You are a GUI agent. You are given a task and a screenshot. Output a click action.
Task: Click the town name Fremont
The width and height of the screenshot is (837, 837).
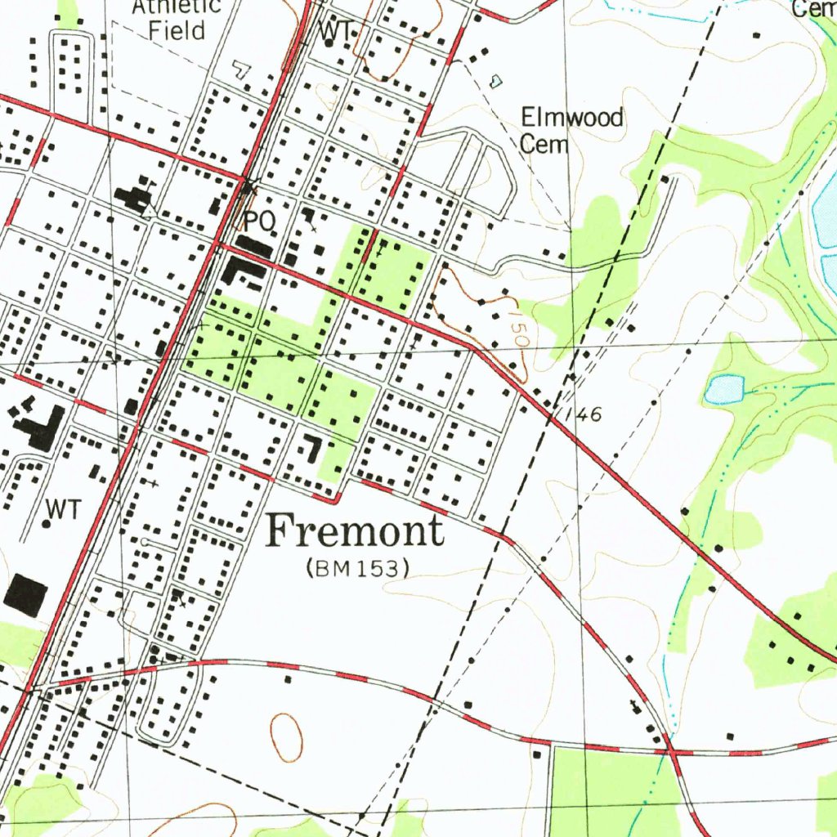click(356, 531)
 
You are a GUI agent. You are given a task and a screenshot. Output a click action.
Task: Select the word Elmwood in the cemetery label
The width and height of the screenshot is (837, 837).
click(572, 118)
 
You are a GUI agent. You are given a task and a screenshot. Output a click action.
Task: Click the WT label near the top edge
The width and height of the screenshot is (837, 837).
click(337, 30)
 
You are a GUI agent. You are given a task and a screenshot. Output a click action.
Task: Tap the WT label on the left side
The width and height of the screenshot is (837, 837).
click(64, 509)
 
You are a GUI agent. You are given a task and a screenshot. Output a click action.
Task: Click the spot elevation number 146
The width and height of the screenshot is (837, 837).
click(585, 415)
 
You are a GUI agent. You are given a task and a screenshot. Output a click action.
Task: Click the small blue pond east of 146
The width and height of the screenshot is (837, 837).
click(724, 390)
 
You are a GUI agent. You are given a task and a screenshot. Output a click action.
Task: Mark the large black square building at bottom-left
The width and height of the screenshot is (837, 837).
click(24, 594)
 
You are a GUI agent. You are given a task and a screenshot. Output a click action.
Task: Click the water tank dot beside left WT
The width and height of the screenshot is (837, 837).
click(47, 523)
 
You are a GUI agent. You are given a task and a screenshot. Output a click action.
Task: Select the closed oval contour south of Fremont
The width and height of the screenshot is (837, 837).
click(286, 733)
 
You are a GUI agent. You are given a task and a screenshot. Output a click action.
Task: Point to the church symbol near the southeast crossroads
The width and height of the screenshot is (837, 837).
click(635, 705)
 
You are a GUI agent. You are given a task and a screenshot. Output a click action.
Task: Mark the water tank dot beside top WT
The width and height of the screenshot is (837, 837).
click(329, 43)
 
